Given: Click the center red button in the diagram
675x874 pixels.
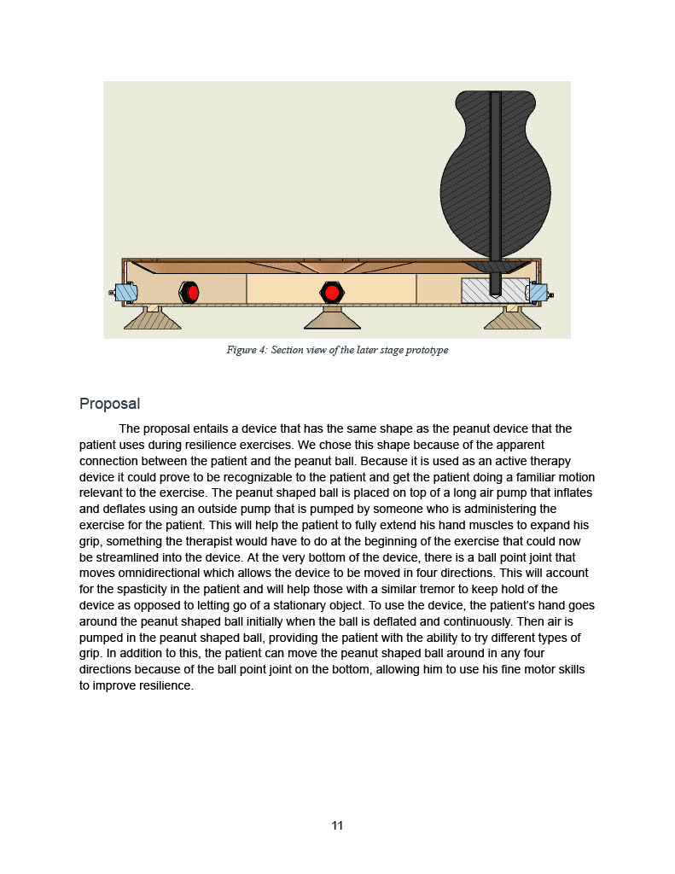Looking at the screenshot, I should [x=332, y=292].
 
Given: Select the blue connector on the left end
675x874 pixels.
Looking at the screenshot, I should [x=125, y=293].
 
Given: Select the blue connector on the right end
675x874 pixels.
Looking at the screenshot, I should [x=538, y=293].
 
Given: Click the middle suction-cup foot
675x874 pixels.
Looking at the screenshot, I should [x=331, y=319].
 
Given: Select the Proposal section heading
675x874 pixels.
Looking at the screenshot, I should [x=109, y=404].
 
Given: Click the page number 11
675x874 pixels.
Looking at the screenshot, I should [x=337, y=825].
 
